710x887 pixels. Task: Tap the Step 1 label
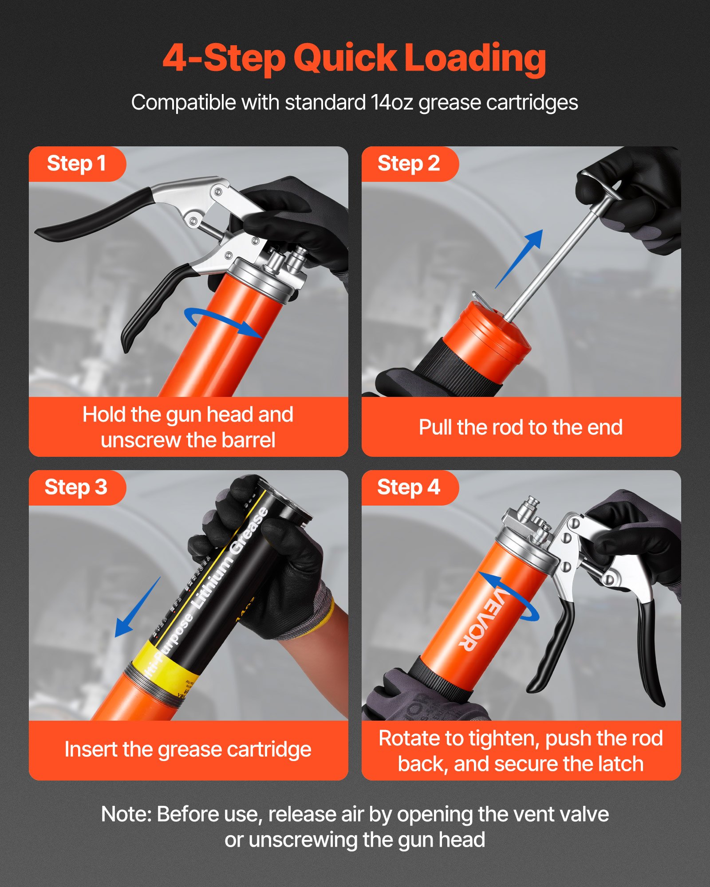click(x=76, y=164)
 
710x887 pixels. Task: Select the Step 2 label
click(x=408, y=164)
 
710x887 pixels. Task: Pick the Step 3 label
click(x=76, y=487)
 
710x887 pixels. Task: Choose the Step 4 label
click(x=408, y=487)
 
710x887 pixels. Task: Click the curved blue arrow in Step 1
click(x=222, y=322)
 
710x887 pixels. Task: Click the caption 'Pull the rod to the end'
click(x=521, y=428)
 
